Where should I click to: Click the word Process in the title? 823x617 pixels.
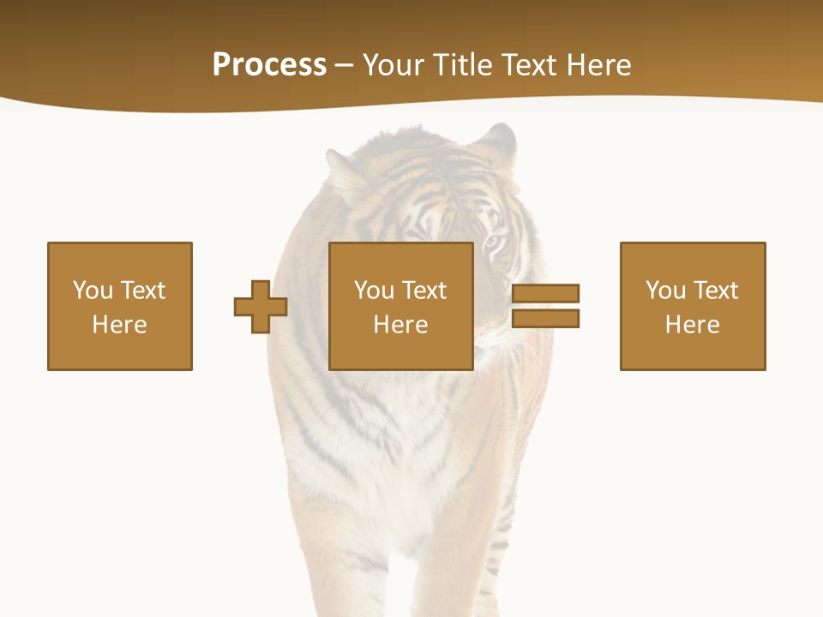pyautogui.click(x=269, y=65)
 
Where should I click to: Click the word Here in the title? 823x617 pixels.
pyautogui.click(x=599, y=65)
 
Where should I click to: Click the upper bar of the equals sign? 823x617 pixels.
pyautogui.click(x=545, y=293)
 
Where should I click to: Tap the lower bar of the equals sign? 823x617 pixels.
pyautogui.click(x=545, y=319)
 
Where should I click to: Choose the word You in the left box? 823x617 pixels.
pyautogui.click(x=93, y=291)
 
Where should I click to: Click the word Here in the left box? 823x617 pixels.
pyautogui.click(x=119, y=325)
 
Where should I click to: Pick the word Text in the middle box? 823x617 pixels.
pyautogui.click(x=424, y=291)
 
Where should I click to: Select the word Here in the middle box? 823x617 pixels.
pyautogui.click(x=400, y=325)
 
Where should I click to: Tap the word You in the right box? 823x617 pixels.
pyautogui.click(x=665, y=291)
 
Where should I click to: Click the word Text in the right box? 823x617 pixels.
pyautogui.click(x=716, y=291)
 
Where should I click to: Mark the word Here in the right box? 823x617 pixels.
pyautogui.click(x=692, y=325)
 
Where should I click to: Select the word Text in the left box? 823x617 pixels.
pyautogui.click(x=143, y=291)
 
